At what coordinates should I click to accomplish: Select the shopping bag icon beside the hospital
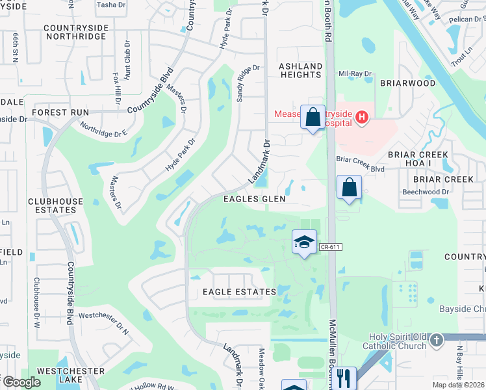(x=313, y=118)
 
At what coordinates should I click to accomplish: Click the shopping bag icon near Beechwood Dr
(x=349, y=188)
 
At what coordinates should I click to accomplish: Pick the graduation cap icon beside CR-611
(x=303, y=242)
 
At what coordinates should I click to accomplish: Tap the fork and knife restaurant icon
(x=344, y=377)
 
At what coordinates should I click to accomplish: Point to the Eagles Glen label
(x=254, y=199)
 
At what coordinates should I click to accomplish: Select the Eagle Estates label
(x=238, y=292)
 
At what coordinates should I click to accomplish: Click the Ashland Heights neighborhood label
(x=300, y=71)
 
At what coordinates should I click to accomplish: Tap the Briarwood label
(x=407, y=83)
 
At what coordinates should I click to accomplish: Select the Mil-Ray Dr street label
(x=355, y=73)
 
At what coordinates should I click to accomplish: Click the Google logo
(x=21, y=382)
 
